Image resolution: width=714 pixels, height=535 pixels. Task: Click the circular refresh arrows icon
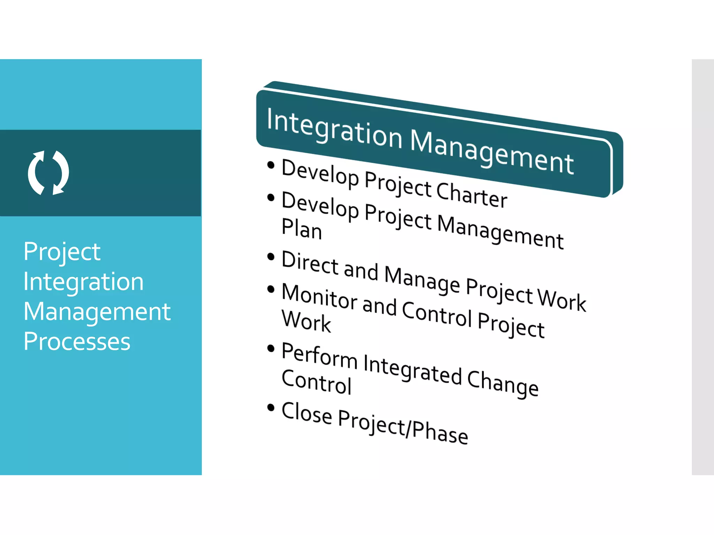click(x=48, y=173)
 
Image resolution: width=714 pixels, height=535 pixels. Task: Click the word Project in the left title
click(x=62, y=252)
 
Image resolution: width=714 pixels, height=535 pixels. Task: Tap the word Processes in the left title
click(x=77, y=342)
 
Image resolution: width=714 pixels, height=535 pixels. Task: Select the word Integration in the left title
click(x=83, y=282)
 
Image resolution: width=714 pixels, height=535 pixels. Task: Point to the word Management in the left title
click(x=97, y=312)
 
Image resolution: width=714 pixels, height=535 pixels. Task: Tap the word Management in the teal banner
click(x=492, y=152)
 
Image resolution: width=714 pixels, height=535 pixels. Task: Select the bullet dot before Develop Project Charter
click(x=271, y=165)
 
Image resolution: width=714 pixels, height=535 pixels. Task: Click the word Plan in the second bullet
click(x=301, y=229)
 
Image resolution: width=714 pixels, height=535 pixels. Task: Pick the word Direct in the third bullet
click(x=310, y=263)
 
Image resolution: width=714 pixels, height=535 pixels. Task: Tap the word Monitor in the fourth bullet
click(x=319, y=297)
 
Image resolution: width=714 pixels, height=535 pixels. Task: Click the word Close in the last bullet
click(x=306, y=413)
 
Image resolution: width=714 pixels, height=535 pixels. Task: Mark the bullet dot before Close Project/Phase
click(x=271, y=407)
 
